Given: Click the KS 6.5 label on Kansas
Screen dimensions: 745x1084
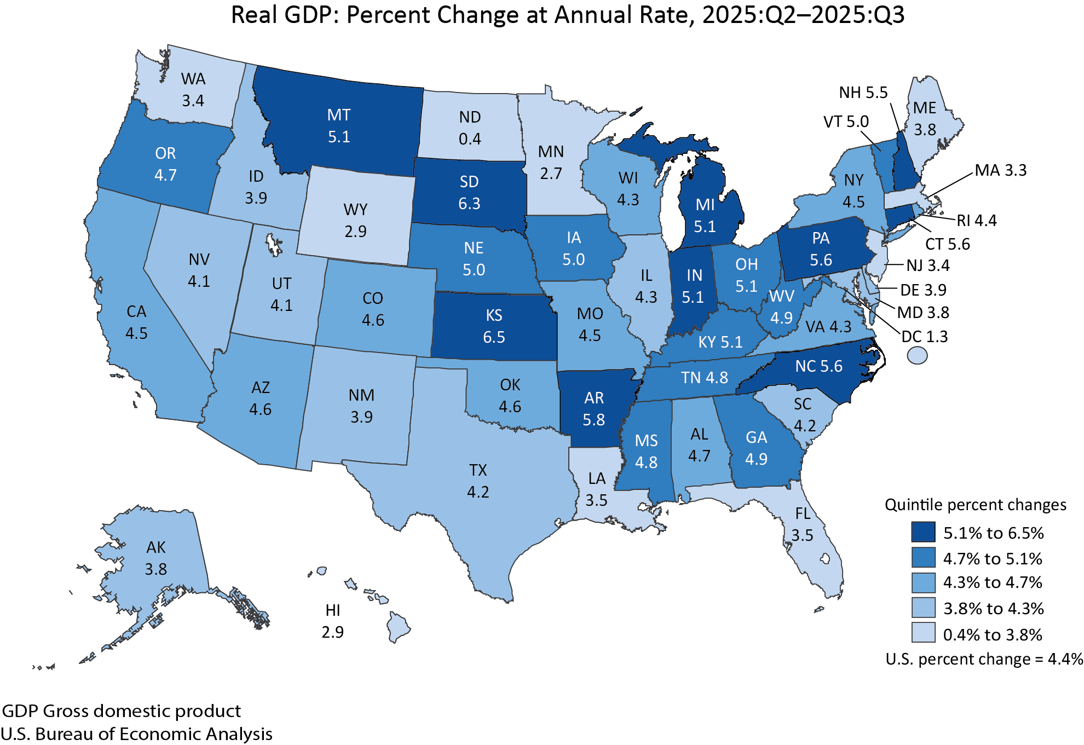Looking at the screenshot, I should click(494, 326).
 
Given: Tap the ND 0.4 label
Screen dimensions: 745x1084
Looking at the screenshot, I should click(470, 128).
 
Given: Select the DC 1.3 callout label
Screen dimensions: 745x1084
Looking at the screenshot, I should click(924, 337).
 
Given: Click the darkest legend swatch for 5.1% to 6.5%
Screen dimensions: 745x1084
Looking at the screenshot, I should click(923, 532).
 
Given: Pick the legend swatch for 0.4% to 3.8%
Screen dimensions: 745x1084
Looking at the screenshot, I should click(923, 633).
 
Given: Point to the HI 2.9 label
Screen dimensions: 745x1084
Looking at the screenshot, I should click(333, 621).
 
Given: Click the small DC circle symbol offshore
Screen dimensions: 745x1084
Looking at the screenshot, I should click(917, 356).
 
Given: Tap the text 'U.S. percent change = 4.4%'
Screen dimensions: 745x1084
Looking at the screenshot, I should click(984, 659).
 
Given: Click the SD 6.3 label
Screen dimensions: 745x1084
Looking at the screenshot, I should click(469, 193).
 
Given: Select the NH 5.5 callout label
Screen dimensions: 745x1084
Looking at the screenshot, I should click(863, 93).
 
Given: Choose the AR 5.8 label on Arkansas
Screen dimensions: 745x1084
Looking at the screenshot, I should click(594, 409).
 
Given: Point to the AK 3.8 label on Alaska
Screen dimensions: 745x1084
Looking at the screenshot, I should click(156, 558).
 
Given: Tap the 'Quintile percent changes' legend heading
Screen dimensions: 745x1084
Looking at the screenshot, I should click(975, 505).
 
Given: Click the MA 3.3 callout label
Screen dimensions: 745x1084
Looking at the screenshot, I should click(1000, 170).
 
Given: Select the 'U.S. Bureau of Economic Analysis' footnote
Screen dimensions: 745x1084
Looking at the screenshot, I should click(136, 734).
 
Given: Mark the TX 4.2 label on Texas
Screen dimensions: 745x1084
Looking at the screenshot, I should click(478, 481).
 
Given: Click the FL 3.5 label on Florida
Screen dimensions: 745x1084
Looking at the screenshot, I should click(803, 524).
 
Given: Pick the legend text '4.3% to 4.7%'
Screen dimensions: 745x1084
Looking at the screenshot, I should click(992, 582).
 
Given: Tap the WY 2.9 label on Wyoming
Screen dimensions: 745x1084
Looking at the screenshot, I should click(355, 221).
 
